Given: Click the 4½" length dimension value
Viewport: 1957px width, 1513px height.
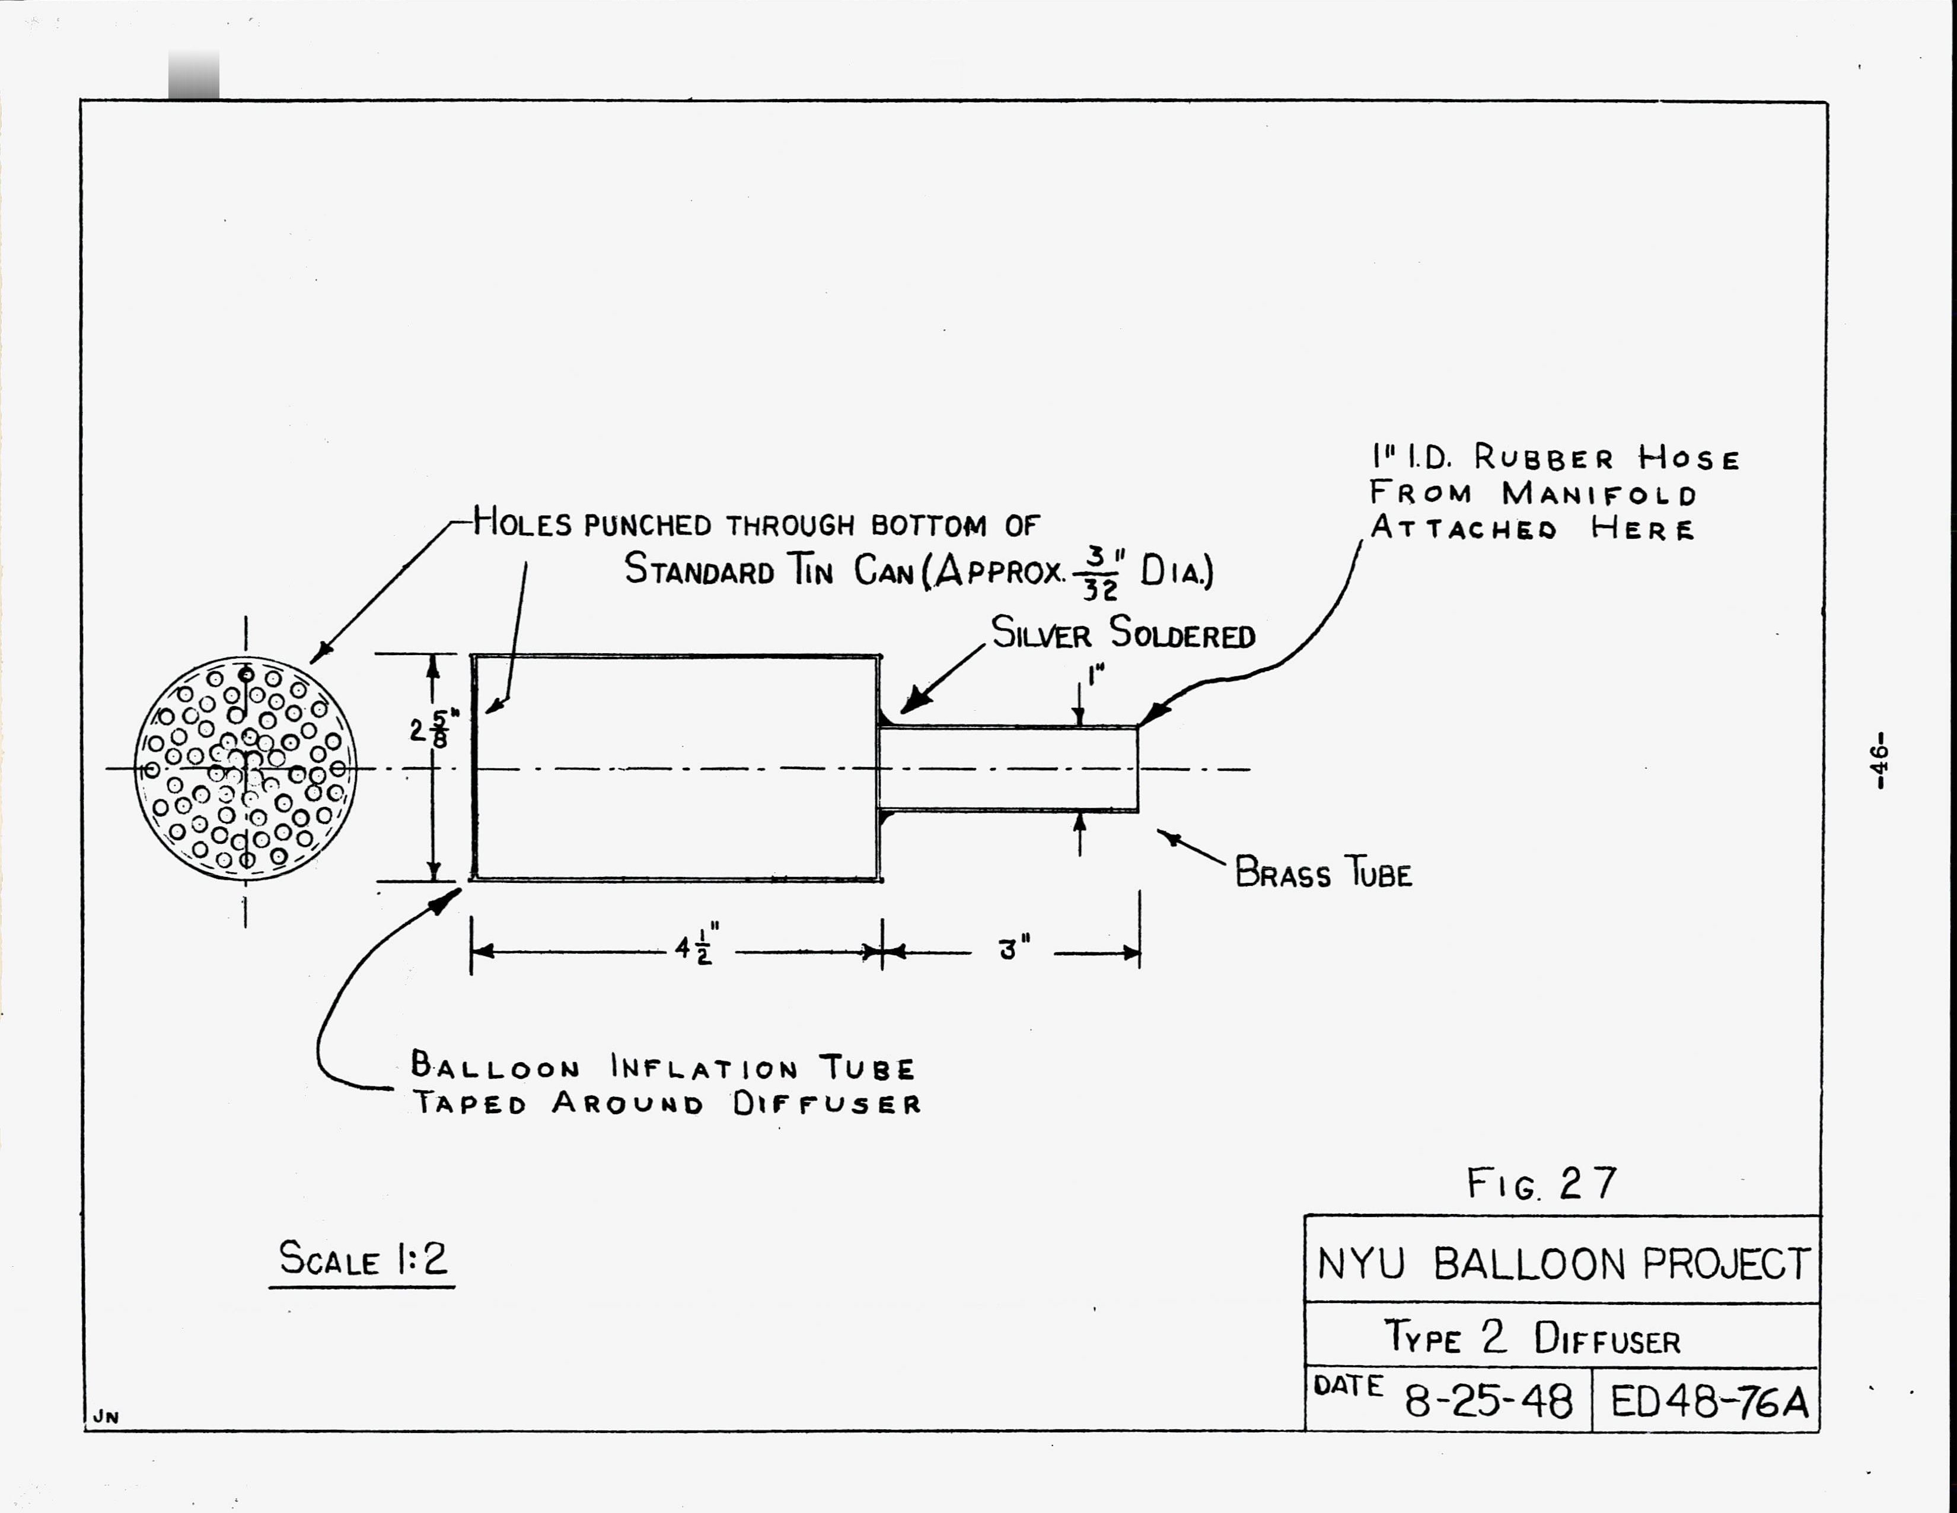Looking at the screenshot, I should (x=696, y=948).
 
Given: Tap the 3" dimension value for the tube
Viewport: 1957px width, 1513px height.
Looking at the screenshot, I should (x=1013, y=948).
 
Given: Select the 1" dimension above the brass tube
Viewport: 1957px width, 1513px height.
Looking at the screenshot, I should (x=1095, y=674).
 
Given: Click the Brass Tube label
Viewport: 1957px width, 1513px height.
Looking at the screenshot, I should (x=1322, y=873).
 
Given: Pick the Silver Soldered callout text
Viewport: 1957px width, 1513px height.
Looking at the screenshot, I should (x=1123, y=634).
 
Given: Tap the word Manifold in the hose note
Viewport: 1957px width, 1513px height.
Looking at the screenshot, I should (x=1599, y=494).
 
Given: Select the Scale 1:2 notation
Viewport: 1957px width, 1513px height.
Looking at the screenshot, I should (x=362, y=1258).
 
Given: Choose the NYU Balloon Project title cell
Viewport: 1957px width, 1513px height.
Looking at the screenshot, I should (x=1562, y=1264).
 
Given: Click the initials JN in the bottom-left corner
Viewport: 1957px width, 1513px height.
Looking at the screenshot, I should (x=106, y=1417).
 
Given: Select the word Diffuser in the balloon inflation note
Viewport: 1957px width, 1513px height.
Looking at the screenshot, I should (x=826, y=1104).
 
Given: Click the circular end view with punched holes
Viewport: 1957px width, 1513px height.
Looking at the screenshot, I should (x=244, y=768).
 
